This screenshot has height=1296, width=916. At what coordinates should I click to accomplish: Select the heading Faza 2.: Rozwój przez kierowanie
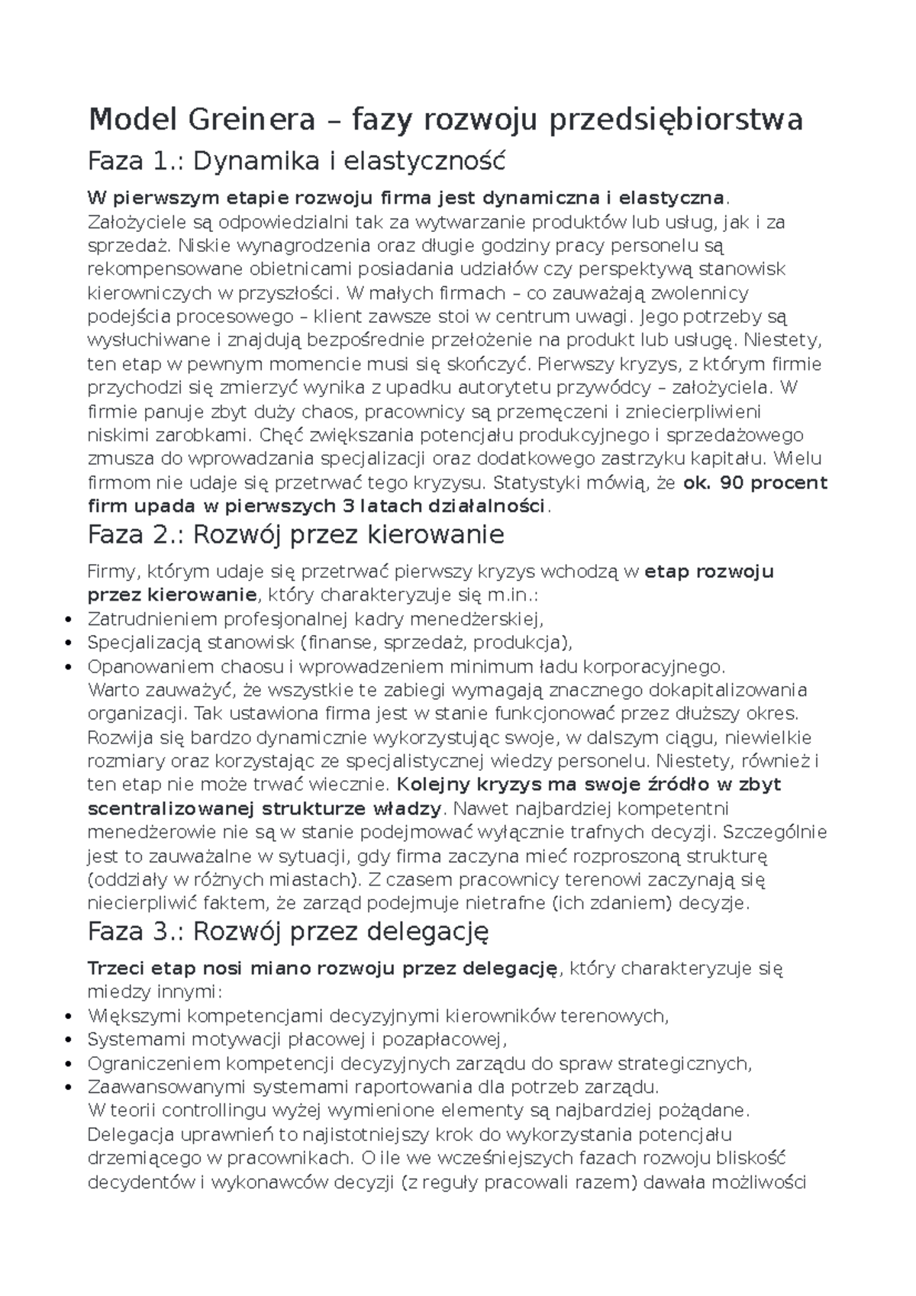click(295, 534)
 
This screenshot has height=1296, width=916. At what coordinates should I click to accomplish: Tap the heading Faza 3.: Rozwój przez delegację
click(288, 931)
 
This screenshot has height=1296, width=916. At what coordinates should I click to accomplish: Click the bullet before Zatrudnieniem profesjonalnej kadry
click(70, 620)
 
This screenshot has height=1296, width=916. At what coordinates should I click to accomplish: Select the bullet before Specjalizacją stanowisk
click(70, 643)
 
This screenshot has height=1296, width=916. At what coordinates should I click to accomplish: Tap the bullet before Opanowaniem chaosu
click(70, 667)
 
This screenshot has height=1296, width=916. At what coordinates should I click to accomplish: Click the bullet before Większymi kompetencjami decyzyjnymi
click(70, 1017)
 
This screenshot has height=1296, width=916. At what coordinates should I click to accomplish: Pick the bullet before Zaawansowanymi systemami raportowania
click(70, 1088)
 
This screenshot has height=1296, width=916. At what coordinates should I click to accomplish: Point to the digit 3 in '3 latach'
click(345, 507)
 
